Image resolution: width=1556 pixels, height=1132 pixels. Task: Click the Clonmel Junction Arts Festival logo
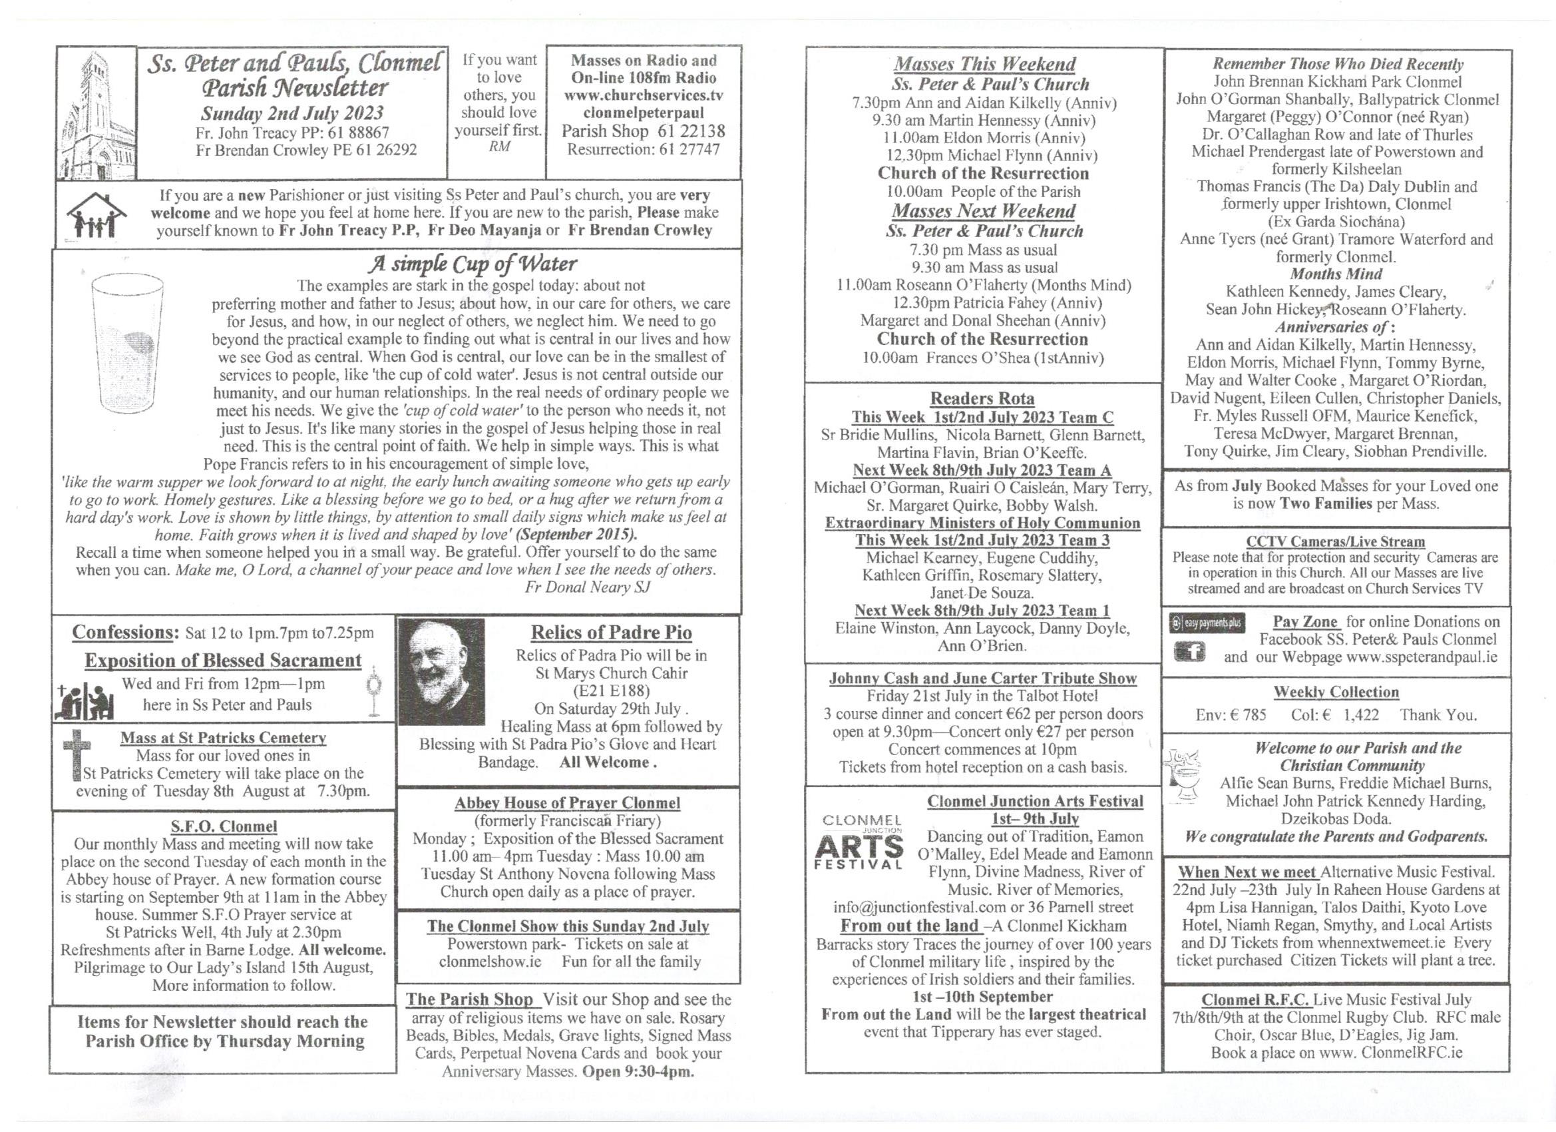pos(859,842)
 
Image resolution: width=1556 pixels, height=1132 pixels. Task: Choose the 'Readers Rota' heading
pos(982,398)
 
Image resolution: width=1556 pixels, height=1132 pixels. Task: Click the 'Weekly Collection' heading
pos(1336,692)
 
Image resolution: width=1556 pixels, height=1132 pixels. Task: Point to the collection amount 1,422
pos(1360,714)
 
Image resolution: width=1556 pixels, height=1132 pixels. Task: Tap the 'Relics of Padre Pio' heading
pos(611,632)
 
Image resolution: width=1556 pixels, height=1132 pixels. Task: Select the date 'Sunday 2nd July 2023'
pos(292,113)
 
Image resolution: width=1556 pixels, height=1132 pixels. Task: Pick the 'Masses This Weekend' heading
pos(984,64)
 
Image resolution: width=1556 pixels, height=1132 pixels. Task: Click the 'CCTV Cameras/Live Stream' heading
pos(1335,541)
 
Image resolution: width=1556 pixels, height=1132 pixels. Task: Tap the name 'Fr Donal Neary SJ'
pos(587,587)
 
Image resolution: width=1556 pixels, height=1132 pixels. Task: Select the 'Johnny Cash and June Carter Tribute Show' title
pos(982,679)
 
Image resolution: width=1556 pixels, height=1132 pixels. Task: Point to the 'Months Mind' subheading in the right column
pos(1336,274)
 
